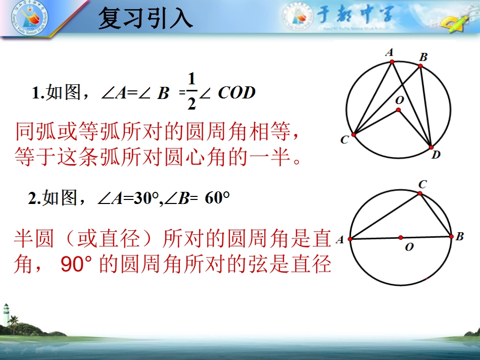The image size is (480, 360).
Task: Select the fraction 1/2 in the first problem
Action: pyautogui.click(x=191, y=91)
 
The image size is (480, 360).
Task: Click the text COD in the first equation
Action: pyautogui.click(x=237, y=93)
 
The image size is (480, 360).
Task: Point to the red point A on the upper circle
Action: pyautogui.click(x=392, y=62)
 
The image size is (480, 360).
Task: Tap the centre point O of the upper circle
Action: pyautogui.click(x=399, y=110)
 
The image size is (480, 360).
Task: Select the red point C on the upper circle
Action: pyautogui.click(x=354, y=135)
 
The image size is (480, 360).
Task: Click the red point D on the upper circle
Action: pyautogui.click(x=431, y=147)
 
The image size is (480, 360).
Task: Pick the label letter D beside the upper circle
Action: pyautogui.click(x=436, y=156)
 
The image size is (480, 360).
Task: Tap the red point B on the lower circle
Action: pyautogui.click(x=451, y=236)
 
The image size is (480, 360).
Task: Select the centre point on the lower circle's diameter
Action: pyautogui.click(x=400, y=237)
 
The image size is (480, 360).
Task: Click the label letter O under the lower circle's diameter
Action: pyautogui.click(x=409, y=247)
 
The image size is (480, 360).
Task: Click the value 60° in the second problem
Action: pyautogui.click(x=217, y=198)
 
